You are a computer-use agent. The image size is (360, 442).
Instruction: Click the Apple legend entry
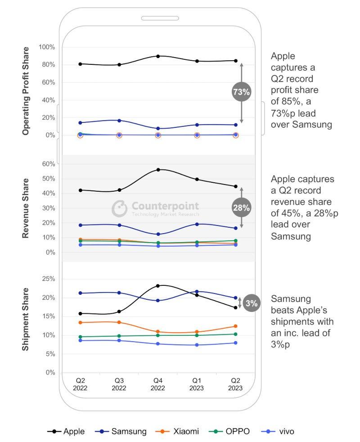coord(66,431)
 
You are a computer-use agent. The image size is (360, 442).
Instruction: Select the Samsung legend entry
coord(121,431)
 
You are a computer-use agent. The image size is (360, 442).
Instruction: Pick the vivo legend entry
coord(278,431)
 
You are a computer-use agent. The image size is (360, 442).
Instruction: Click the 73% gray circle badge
coord(241,92)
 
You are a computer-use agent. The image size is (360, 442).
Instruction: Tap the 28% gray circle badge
coord(241,207)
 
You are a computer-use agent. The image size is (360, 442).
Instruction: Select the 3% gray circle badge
coord(252,304)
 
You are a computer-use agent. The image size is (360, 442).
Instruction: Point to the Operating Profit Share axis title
coord(26,90)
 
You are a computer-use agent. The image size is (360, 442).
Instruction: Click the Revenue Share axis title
coord(26,208)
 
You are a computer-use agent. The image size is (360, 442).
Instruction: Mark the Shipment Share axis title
coord(26,319)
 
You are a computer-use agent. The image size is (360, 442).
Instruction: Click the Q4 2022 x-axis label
coord(158,384)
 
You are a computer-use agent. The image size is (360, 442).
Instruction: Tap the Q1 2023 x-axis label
coord(197,384)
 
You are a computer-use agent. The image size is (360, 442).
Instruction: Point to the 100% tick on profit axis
coord(47,47)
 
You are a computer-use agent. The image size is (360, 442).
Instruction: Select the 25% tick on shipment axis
coord(49,279)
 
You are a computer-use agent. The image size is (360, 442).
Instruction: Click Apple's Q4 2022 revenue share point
coord(158,170)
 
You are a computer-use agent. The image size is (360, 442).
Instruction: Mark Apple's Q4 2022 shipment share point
coord(158,286)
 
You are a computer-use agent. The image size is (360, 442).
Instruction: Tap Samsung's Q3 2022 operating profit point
coord(119,121)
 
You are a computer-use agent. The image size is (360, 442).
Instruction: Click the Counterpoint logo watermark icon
coord(120,208)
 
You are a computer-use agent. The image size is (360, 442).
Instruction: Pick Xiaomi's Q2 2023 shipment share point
coord(235,326)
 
